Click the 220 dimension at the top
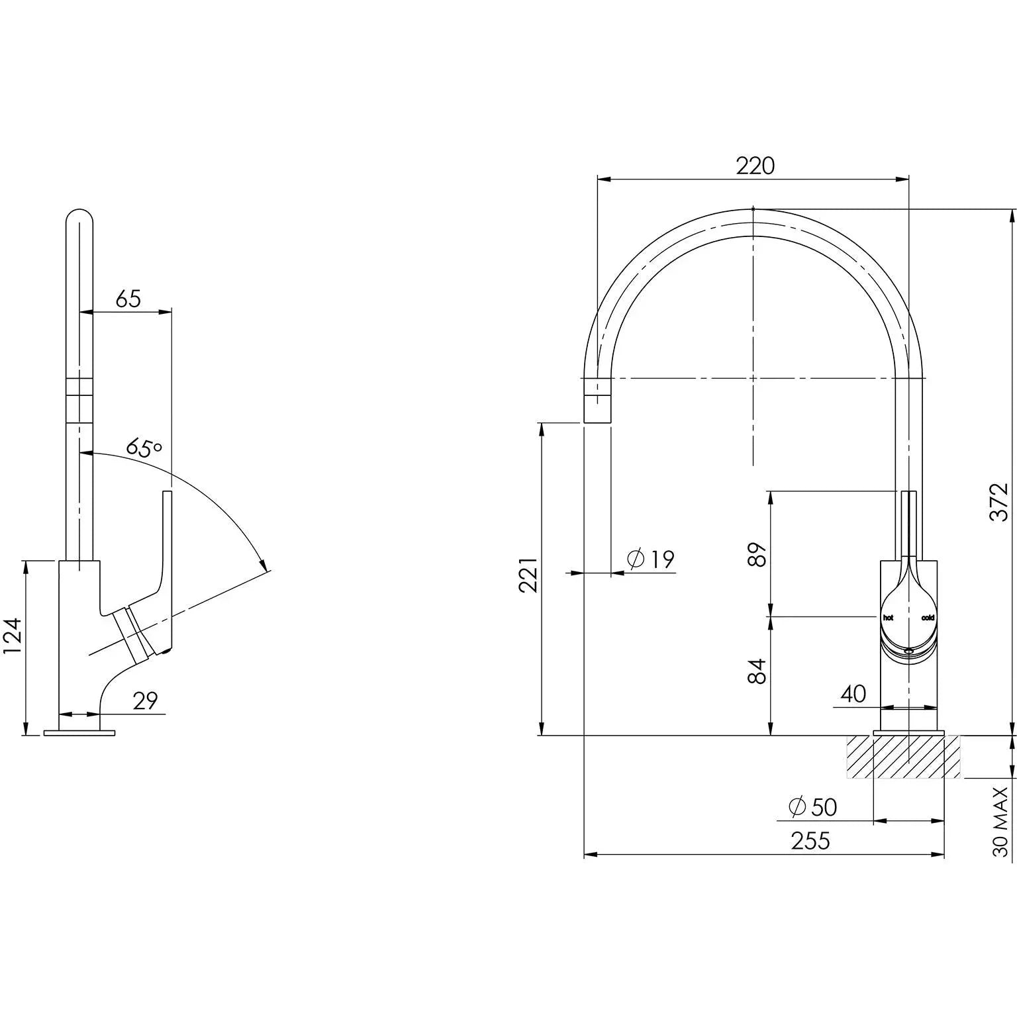(x=755, y=166)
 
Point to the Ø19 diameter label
(x=650, y=559)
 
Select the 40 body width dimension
(x=853, y=694)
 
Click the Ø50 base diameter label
(x=813, y=806)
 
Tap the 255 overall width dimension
(x=810, y=840)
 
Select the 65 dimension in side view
(x=128, y=299)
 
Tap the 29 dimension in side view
(x=145, y=701)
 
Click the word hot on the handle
(x=888, y=617)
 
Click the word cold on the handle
(x=928, y=617)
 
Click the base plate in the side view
(x=79, y=732)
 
